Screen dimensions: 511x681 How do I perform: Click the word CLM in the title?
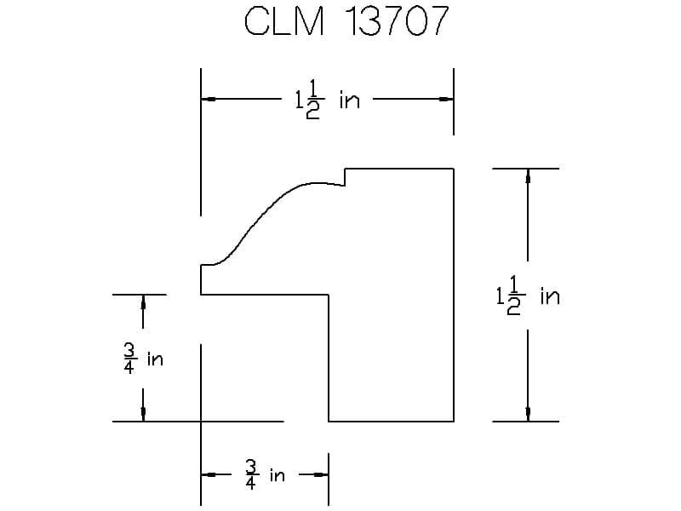284,22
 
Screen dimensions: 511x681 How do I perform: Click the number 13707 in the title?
395,22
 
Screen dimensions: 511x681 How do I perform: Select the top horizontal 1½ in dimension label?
327,101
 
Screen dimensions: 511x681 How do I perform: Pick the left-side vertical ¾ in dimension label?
142,359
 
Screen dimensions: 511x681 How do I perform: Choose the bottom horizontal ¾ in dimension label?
265,474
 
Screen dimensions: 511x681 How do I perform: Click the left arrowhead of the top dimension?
208,100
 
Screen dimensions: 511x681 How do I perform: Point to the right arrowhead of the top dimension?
445,100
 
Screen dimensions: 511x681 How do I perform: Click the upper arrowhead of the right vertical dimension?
528,176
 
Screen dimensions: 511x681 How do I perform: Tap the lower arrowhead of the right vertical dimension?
528,414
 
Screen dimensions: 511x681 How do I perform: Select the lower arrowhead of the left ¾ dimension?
142,414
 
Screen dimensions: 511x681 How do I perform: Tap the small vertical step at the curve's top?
345,177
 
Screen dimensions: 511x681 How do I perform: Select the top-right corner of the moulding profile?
453,169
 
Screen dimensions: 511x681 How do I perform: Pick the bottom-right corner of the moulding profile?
453,421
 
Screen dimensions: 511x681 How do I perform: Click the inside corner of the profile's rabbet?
329,295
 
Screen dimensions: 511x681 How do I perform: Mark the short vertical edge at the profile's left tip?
201,279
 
